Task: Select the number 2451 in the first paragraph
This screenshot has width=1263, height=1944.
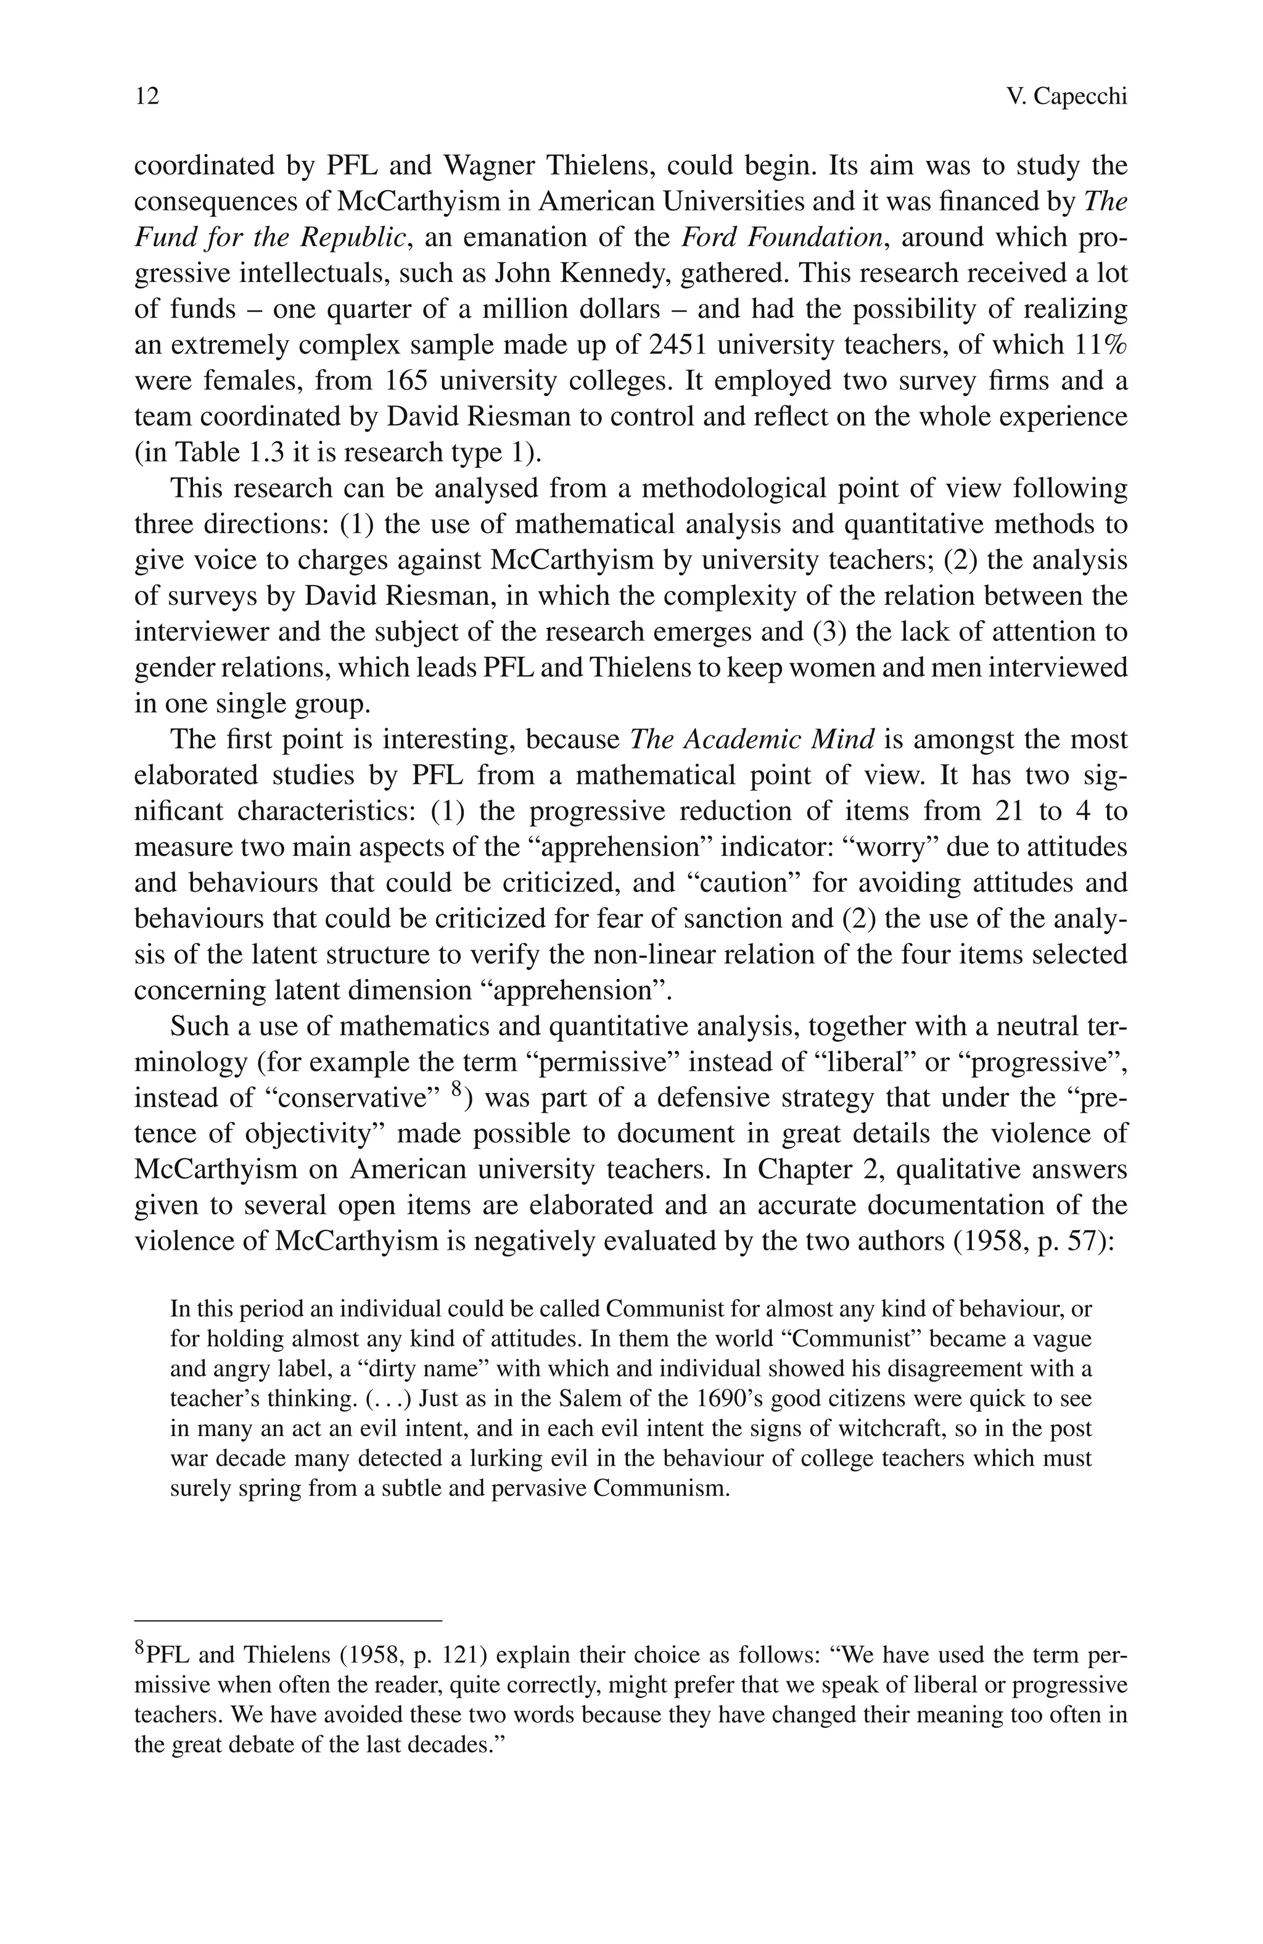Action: click(x=678, y=345)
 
